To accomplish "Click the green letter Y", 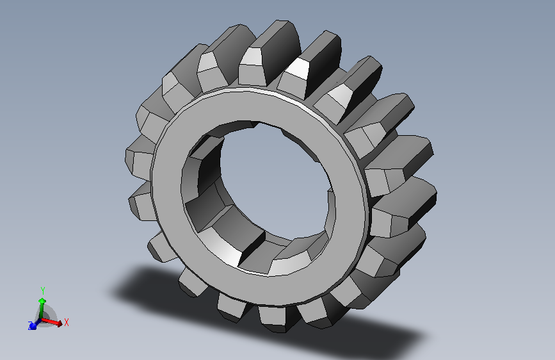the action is [x=43, y=291].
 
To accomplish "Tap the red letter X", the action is [x=66, y=322].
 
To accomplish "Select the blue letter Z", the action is [x=30, y=325].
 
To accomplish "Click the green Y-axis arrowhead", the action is [x=42, y=301].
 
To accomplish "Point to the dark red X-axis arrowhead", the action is [x=60, y=323].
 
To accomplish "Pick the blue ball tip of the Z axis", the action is [x=33, y=326].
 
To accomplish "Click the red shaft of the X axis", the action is [x=49, y=321].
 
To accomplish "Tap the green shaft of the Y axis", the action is [x=42, y=311].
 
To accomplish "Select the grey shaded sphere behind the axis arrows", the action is [x=46, y=316].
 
